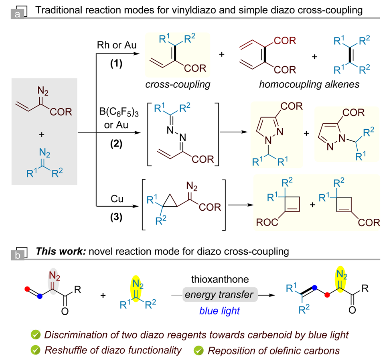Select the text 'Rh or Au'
[116, 45]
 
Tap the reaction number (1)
[116, 63]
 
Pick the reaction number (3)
[116, 217]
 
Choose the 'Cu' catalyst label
[117, 199]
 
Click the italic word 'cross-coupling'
[178, 85]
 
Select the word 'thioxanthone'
[220, 279]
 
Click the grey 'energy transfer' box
[220, 294]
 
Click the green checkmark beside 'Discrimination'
[35, 335]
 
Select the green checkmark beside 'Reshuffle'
[35, 350]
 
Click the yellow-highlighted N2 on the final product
[341, 275]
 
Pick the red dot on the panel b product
[328, 295]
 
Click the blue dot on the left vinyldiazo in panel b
[40, 296]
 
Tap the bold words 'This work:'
[61, 251]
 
